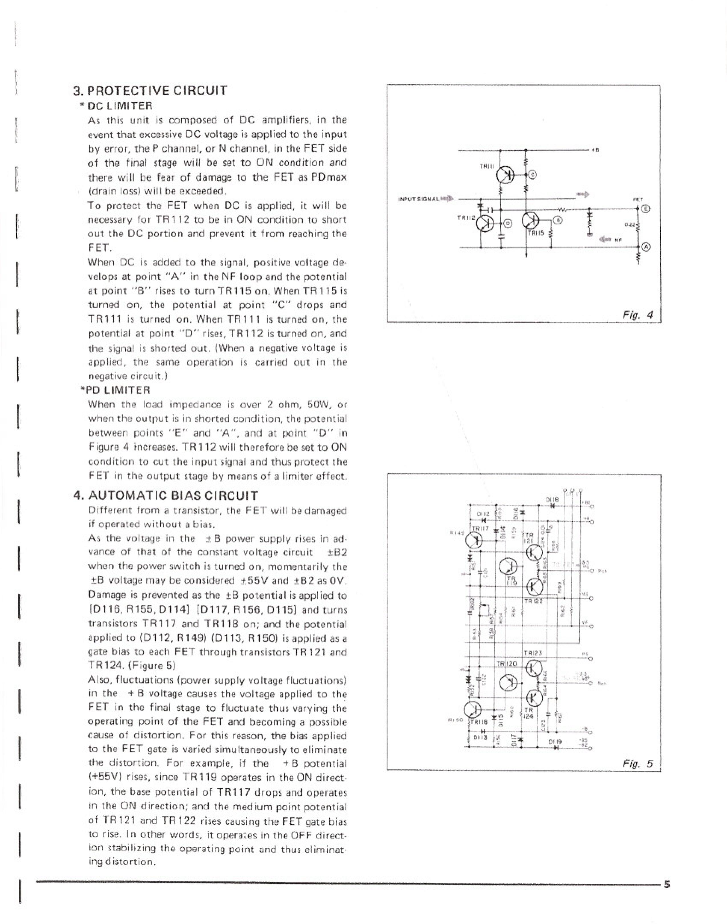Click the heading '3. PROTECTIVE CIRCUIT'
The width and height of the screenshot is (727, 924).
point(150,91)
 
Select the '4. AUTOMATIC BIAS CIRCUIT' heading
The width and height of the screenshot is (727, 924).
point(166,496)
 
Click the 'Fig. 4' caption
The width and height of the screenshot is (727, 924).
point(637,315)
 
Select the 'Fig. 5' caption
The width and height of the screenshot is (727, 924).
point(637,763)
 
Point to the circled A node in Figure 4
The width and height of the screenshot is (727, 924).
point(646,247)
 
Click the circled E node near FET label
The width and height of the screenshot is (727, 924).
point(646,209)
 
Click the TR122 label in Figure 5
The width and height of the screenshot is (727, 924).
point(533,602)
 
